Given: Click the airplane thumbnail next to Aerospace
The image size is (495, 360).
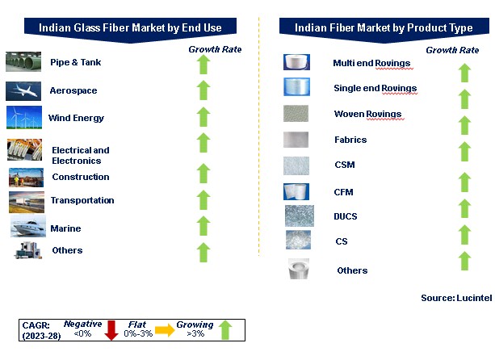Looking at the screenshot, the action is tap(23, 91).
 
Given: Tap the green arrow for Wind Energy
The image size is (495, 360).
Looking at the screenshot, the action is tap(203, 117).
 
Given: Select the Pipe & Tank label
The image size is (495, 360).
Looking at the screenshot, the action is tap(76, 62).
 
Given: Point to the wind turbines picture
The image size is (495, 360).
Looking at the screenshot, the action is tap(24, 117).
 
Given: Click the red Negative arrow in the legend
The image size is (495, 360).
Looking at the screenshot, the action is tap(111, 330).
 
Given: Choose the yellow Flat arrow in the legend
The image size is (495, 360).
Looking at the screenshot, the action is tap(165, 330).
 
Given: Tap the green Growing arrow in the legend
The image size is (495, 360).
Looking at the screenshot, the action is tap(225, 329).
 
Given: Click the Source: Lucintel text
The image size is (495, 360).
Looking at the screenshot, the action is tap(456, 298).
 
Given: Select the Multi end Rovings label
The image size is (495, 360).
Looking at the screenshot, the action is tap(371, 63).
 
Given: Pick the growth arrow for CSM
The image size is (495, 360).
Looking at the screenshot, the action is tap(464, 152).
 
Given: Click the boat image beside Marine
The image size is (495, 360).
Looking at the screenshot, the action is tap(28, 226).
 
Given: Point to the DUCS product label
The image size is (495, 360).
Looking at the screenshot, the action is tap(346, 216).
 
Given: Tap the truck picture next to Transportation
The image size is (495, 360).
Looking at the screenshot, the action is tap(27, 202).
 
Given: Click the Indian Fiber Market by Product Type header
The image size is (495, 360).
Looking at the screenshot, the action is tap(384, 27).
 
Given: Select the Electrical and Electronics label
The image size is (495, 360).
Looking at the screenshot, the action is tap(81, 155).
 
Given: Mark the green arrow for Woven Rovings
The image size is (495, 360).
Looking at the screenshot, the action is tap(464, 125).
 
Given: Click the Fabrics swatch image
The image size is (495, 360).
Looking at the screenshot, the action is tap(296, 140).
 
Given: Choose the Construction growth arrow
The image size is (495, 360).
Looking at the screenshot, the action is tap(203, 174).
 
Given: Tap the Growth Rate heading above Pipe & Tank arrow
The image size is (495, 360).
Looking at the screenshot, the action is tap(215, 49).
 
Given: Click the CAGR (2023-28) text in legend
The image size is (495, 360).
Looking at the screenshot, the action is tap(41, 330).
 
